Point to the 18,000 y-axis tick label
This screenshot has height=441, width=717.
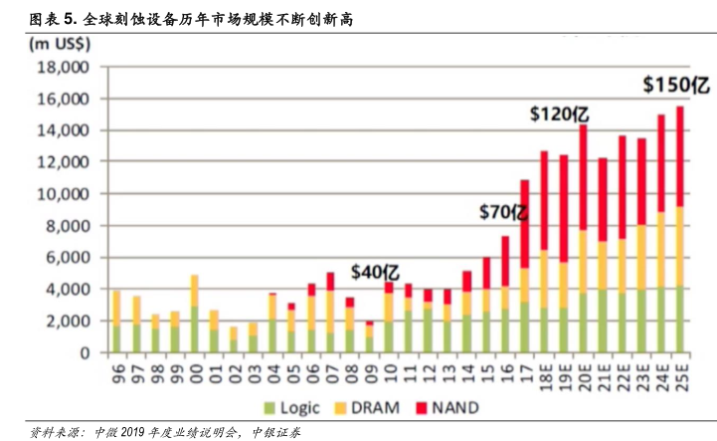(62, 67)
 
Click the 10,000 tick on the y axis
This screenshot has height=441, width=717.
(62, 194)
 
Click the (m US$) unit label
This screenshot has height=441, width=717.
(61, 43)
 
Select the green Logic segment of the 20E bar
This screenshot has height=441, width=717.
(583, 322)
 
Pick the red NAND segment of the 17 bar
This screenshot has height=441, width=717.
(524, 223)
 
